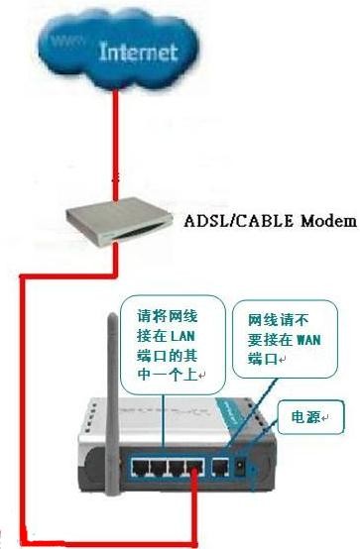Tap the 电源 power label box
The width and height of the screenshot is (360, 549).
point(309,417)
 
